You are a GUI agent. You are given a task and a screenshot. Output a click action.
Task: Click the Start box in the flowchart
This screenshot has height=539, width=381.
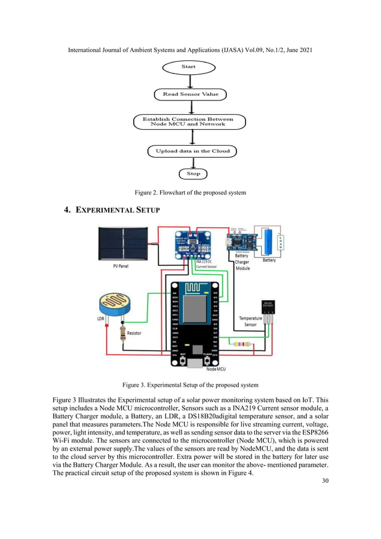(x=188, y=67)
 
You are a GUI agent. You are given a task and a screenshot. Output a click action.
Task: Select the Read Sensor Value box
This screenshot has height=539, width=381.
(x=190, y=94)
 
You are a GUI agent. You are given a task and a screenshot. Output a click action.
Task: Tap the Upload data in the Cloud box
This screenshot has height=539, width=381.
(x=192, y=151)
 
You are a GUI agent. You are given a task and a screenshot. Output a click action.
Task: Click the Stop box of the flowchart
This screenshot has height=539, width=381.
(x=193, y=174)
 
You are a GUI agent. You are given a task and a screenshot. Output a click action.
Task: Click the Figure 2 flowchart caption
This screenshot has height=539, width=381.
(x=190, y=192)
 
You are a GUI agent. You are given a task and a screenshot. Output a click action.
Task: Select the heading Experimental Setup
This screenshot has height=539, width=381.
(x=112, y=210)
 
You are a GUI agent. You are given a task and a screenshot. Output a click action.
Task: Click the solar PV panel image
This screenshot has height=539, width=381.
(x=126, y=243)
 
